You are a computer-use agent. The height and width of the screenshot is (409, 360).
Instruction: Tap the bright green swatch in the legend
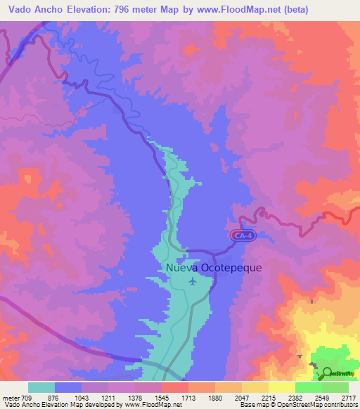click(309, 387)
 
